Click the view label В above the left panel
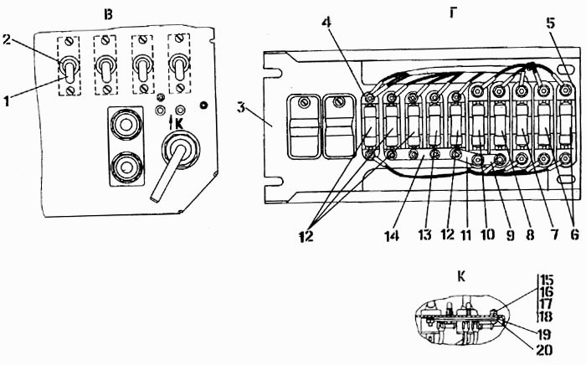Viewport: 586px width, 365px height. [x=108, y=15]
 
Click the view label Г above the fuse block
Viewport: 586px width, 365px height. [x=453, y=13]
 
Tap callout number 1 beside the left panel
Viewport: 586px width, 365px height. [x=7, y=100]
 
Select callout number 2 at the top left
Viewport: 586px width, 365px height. [x=7, y=39]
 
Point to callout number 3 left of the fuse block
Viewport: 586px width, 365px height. [x=242, y=108]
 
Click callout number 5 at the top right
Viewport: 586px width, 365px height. [x=550, y=23]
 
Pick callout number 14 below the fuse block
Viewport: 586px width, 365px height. [x=392, y=235]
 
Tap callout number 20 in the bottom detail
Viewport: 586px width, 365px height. [x=544, y=350]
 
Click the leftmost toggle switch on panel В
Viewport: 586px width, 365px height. [x=69, y=69]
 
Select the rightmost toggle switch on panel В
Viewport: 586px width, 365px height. [x=179, y=68]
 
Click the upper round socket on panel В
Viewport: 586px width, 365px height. [x=126, y=124]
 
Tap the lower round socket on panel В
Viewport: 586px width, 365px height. [x=126, y=167]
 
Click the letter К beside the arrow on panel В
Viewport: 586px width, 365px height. [x=179, y=123]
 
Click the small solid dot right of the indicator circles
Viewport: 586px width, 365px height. [x=203, y=105]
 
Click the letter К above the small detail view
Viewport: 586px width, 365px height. [x=461, y=277]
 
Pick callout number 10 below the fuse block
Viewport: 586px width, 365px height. [x=487, y=234]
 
